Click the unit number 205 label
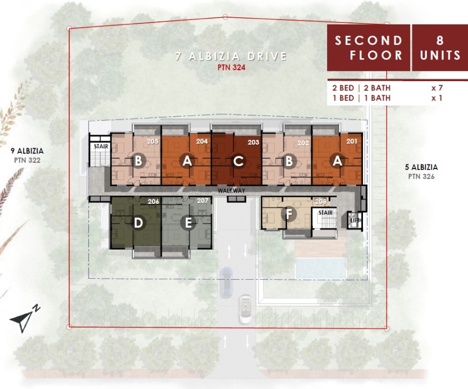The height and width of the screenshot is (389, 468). tap(152, 141)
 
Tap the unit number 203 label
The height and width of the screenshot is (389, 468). tap(253, 142)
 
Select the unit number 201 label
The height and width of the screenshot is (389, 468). tap(352, 141)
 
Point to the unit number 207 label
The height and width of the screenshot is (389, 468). tap(203, 201)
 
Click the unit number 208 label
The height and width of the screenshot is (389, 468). tap(321, 201)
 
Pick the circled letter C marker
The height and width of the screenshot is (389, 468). tap(238, 161)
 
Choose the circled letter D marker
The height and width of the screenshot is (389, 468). tap(138, 223)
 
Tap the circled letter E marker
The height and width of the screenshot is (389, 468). tap(188, 223)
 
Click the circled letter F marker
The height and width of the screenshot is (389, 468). tap(289, 214)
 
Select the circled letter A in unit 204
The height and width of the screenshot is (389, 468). tap(187, 161)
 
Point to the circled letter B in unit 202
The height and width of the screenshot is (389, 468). tap(289, 161)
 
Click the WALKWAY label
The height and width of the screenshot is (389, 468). tap(231, 190)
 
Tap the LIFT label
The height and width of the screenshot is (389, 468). tap(355, 221)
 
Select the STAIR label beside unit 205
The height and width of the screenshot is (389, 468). tap(101, 146)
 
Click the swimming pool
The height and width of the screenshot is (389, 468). tap(321, 268)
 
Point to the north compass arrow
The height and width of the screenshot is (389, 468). tap(22, 321)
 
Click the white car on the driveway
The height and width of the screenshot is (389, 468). tap(246, 309)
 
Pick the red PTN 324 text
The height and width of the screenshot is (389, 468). tap(231, 68)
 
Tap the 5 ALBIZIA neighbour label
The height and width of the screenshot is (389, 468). tap(421, 167)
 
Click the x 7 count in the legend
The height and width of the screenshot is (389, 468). tap(437, 88)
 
